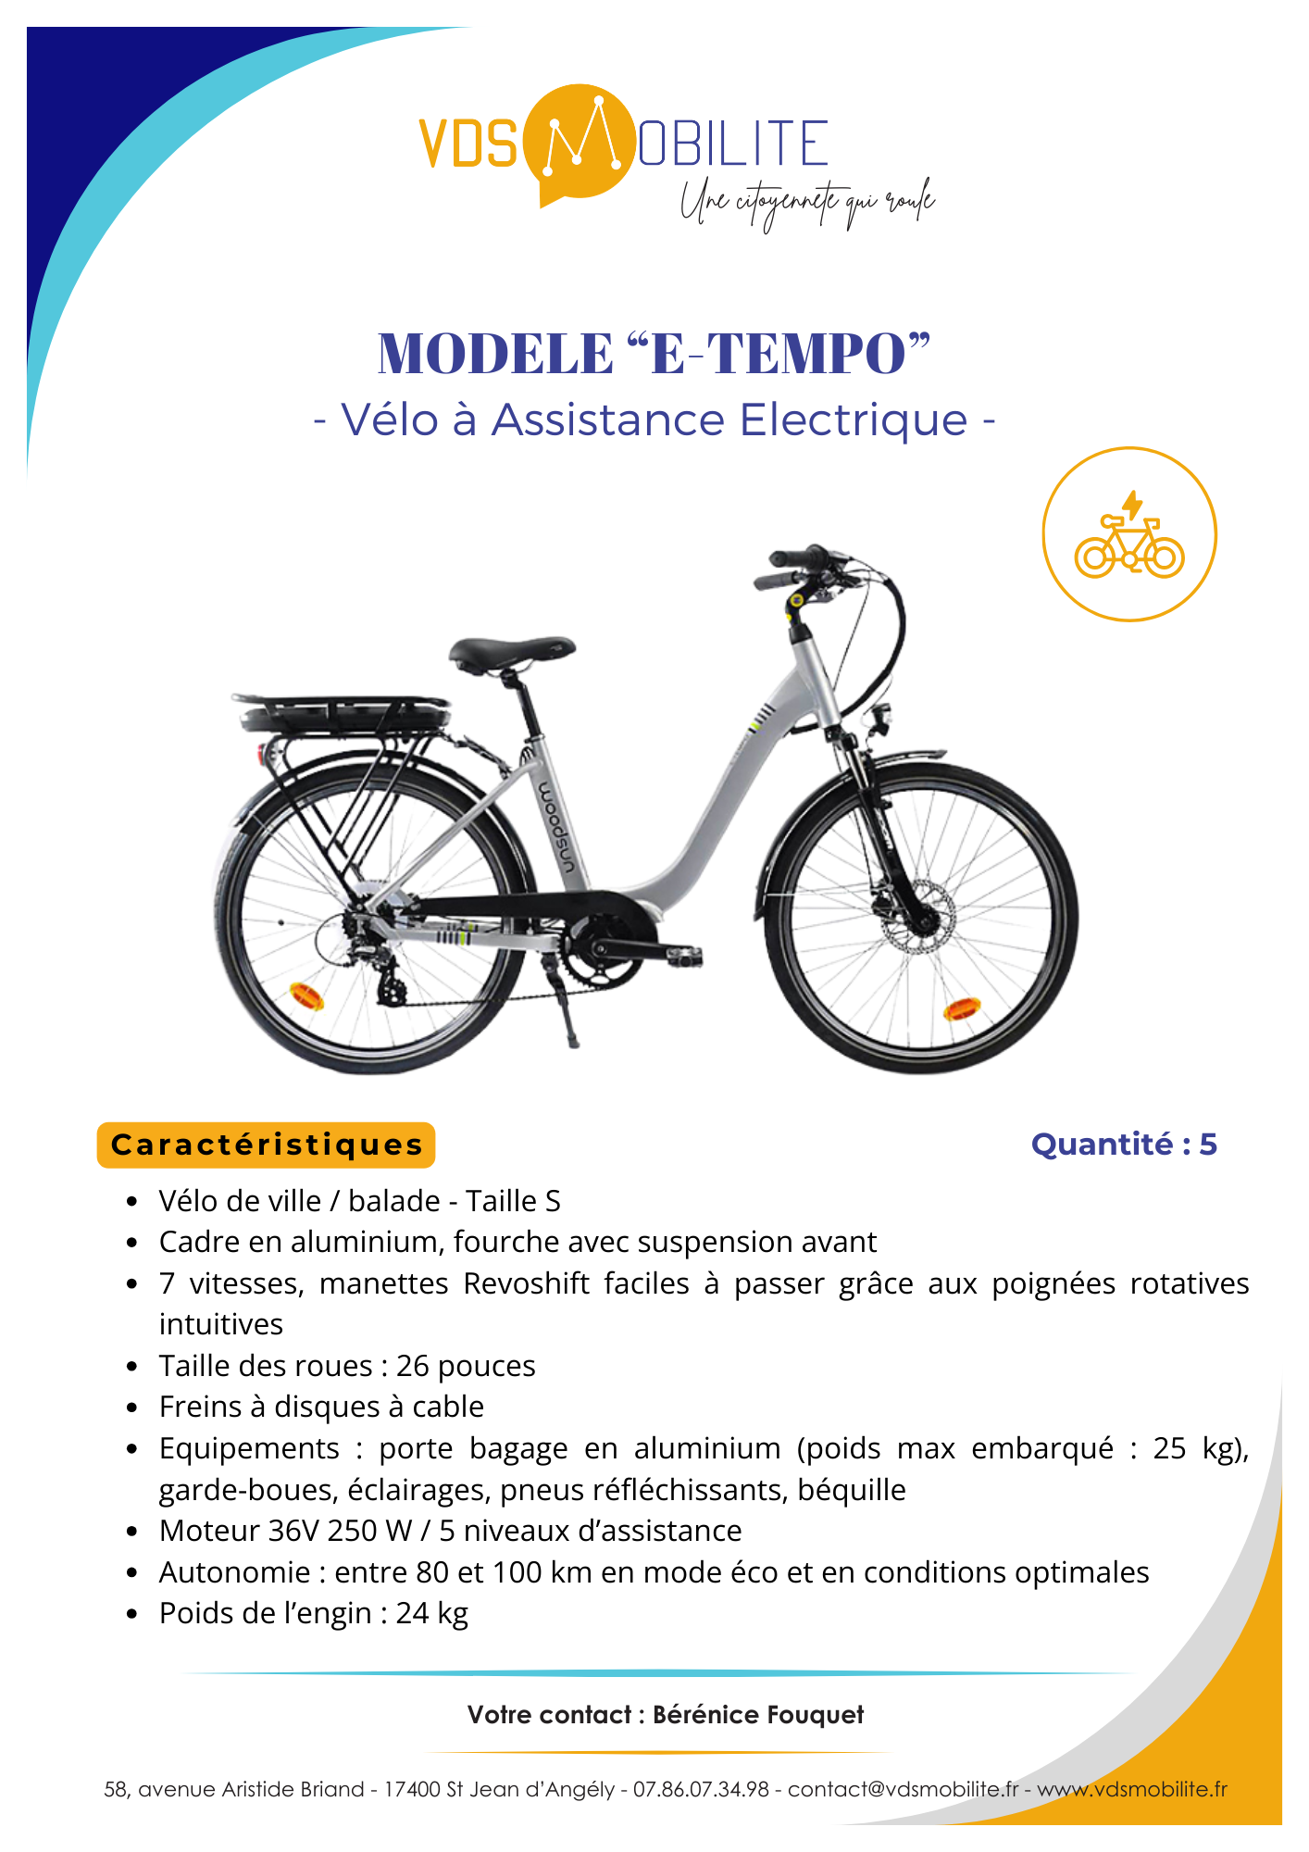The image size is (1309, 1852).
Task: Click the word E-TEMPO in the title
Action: click(x=778, y=354)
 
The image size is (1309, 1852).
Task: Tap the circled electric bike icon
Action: click(x=1128, y=534)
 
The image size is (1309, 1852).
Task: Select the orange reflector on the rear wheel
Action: click(x=306, y=996)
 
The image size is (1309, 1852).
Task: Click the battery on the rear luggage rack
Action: click(x=343, y=716)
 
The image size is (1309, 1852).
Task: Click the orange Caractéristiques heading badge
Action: click(x=266, y=1145)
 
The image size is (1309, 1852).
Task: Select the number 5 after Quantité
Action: click(x=1208, y=1145)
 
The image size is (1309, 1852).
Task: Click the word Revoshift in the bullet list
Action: click(x=526, y=1283)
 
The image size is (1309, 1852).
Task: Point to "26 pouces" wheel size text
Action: click(x=466, y=1366)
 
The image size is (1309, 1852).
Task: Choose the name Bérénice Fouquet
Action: click(x=757, y=1715)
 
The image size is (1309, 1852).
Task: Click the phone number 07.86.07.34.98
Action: click(x=701, y=1789)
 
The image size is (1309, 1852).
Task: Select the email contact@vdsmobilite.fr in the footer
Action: click(x=903, y=1789)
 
